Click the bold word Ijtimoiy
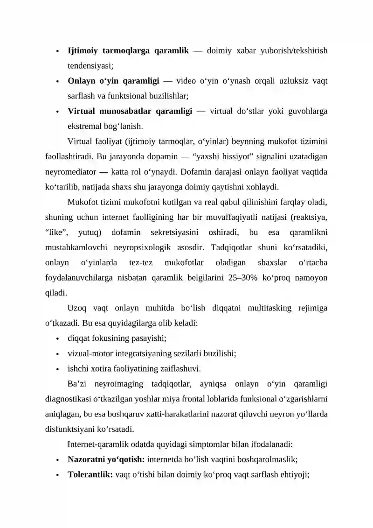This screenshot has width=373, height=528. [82, 50]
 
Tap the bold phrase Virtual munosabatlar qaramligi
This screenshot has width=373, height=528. [130, 111]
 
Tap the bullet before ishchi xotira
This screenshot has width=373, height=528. [56, 369]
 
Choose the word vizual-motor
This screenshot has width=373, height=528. [89, 353]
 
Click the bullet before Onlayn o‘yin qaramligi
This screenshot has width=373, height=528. [56, 81]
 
